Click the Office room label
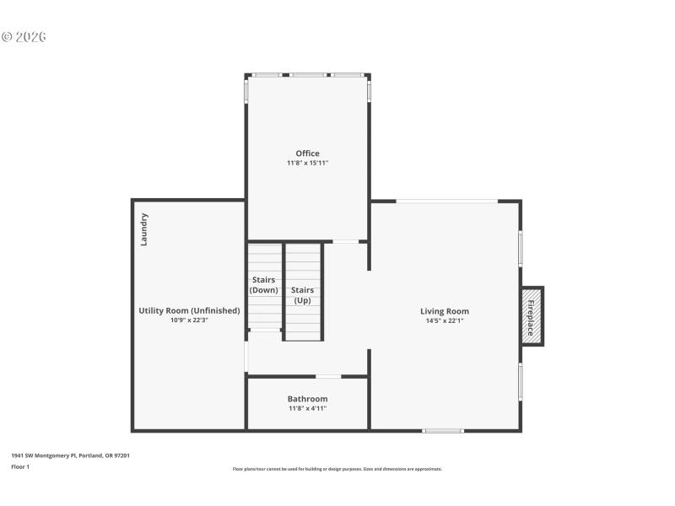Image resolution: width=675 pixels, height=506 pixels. pos(307,153)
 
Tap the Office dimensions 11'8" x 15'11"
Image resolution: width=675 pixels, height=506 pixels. pos(307,163)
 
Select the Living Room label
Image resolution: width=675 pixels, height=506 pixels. pos(445,311)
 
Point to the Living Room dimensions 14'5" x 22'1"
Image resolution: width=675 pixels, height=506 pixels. pos(445,320)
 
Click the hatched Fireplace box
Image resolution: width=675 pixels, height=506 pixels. pos(532,316)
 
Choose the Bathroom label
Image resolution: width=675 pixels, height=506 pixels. pos(307,399)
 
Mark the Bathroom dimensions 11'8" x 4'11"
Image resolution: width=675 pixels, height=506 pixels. pos(307,408)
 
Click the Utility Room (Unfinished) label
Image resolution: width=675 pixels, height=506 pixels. pos(189,310)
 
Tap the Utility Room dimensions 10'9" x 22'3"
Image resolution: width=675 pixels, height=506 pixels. pos(189,320)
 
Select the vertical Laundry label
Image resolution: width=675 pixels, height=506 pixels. pos(144,229)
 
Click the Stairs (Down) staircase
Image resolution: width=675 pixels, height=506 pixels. pos(264,286)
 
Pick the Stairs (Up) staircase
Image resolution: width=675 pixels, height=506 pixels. pos(303,292)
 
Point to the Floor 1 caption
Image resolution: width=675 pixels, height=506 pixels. pos(20,466)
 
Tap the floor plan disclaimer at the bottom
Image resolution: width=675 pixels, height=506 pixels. pos(337,469)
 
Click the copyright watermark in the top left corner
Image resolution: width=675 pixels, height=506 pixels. pos(24,37)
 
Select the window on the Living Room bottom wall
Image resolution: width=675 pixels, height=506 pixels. pos(443,431)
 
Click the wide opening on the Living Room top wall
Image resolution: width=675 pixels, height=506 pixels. pos(446,201)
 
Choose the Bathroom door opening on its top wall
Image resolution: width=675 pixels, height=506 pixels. pos(328,376)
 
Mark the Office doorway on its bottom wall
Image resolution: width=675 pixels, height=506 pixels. pos(345,242)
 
